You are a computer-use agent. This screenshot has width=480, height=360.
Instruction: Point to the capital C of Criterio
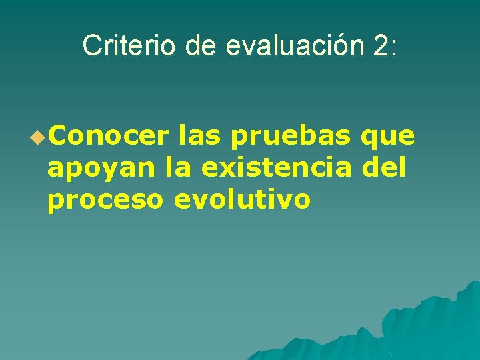tap(91, 45)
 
